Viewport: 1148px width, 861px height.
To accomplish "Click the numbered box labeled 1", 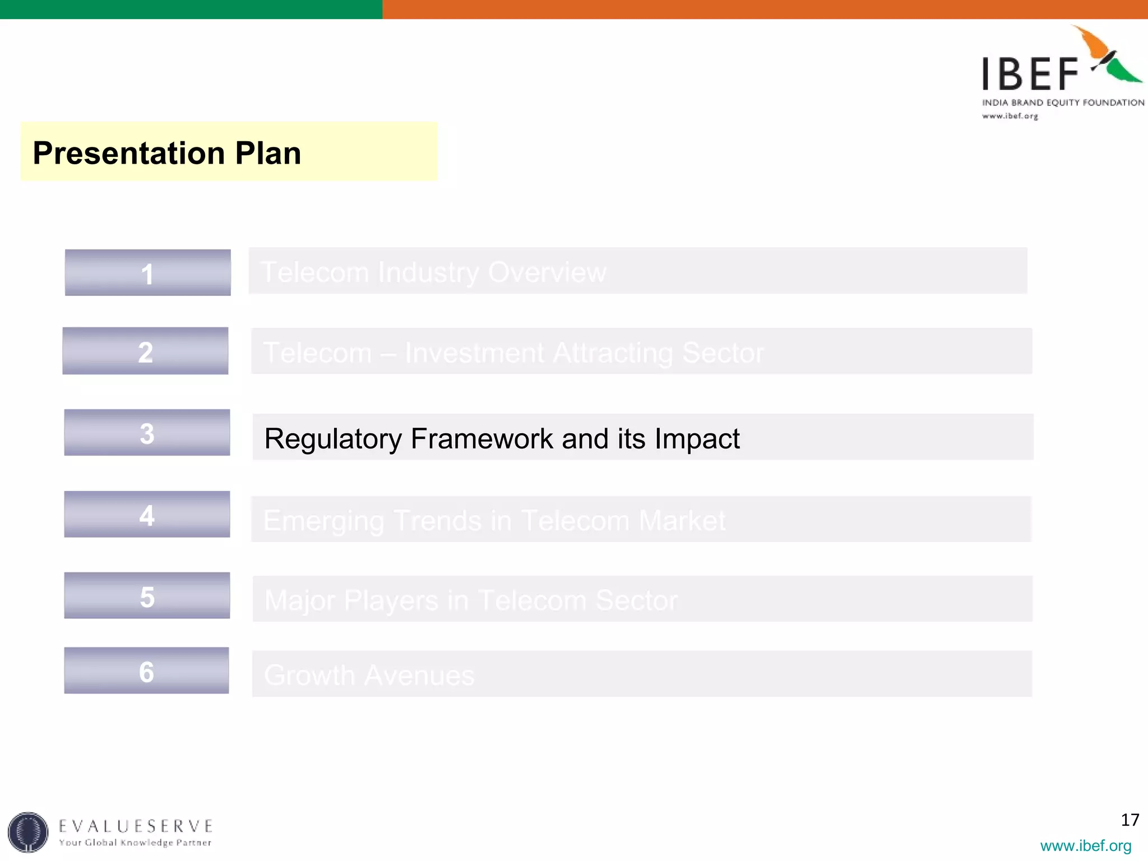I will coord(147,273).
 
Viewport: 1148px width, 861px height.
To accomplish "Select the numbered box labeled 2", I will coord(145,351).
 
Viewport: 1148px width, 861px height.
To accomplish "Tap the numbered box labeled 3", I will coord(147,433).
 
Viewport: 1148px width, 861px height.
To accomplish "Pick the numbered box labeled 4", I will coord(147,515).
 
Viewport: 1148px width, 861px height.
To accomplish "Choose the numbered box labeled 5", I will coord(147,596).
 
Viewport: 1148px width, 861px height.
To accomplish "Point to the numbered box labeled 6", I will coord(146,671).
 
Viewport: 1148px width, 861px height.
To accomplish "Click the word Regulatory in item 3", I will coord(332,439).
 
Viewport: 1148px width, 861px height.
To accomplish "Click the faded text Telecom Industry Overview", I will coord(433,273).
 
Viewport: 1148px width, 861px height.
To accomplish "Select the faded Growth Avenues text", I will coord(369,675).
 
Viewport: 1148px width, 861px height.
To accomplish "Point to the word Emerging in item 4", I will coord(323,521).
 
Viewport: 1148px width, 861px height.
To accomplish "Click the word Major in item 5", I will coord(299,601).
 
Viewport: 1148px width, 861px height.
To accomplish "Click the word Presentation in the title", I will coord(129,153).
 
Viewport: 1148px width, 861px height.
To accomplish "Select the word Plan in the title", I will coord(268,153).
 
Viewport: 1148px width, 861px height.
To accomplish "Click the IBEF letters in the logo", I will coord(1030,75).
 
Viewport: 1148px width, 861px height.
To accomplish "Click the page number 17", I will coord(1130,820).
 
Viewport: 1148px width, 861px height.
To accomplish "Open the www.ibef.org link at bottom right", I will coord(1085,845).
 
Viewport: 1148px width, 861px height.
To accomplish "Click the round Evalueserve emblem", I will coord(28,832).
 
